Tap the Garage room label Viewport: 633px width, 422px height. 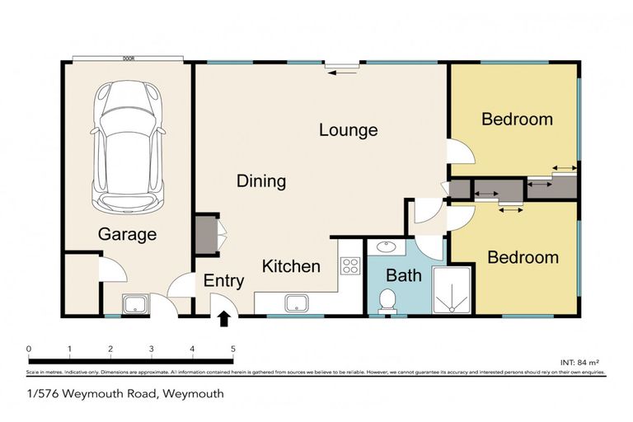pos(127,235)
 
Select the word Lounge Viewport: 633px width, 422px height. pos(348,130)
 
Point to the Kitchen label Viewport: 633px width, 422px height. pos(291,266)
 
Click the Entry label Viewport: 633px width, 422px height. pos(223,281)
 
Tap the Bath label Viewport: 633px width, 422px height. pos(404,275)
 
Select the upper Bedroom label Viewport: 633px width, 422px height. pos(517,120)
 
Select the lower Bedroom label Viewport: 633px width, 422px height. pos(523,257)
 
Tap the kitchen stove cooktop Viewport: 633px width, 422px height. pos(350,265)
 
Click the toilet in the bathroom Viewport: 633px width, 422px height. pos(387,302)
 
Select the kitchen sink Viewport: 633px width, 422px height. pos(293,302)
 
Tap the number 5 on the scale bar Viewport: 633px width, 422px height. pos(232,349)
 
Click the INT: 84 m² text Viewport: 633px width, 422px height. pos(580,360)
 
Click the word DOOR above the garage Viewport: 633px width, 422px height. pos(128,59)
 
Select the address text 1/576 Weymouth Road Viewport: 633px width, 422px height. pos(90,394)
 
